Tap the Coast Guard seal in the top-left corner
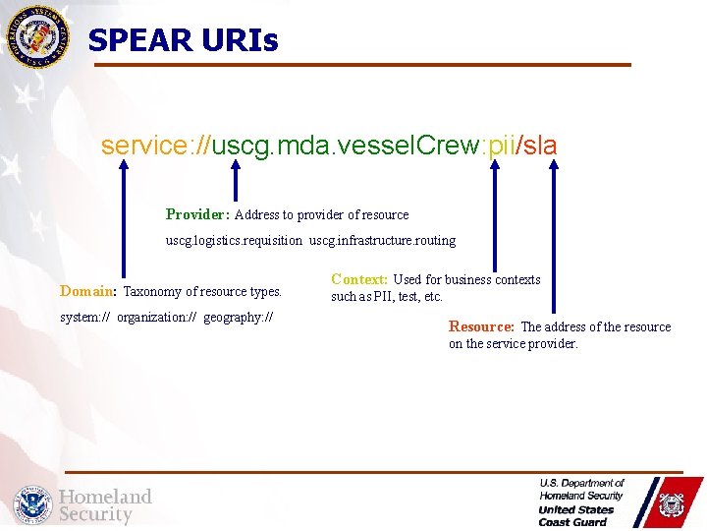[38, 36]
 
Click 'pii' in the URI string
[500, 146]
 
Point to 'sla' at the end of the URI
[540, 146]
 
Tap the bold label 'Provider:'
[197, 214]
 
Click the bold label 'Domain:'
[88, 291]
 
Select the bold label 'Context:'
[359, 279]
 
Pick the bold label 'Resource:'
[481, 326]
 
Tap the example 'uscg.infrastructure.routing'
[383, 241]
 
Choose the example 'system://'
[85, 318]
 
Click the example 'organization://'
[157, 318]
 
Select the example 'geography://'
[239, 318]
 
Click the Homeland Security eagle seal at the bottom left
[32, 504]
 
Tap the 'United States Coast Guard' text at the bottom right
[576, 515]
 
